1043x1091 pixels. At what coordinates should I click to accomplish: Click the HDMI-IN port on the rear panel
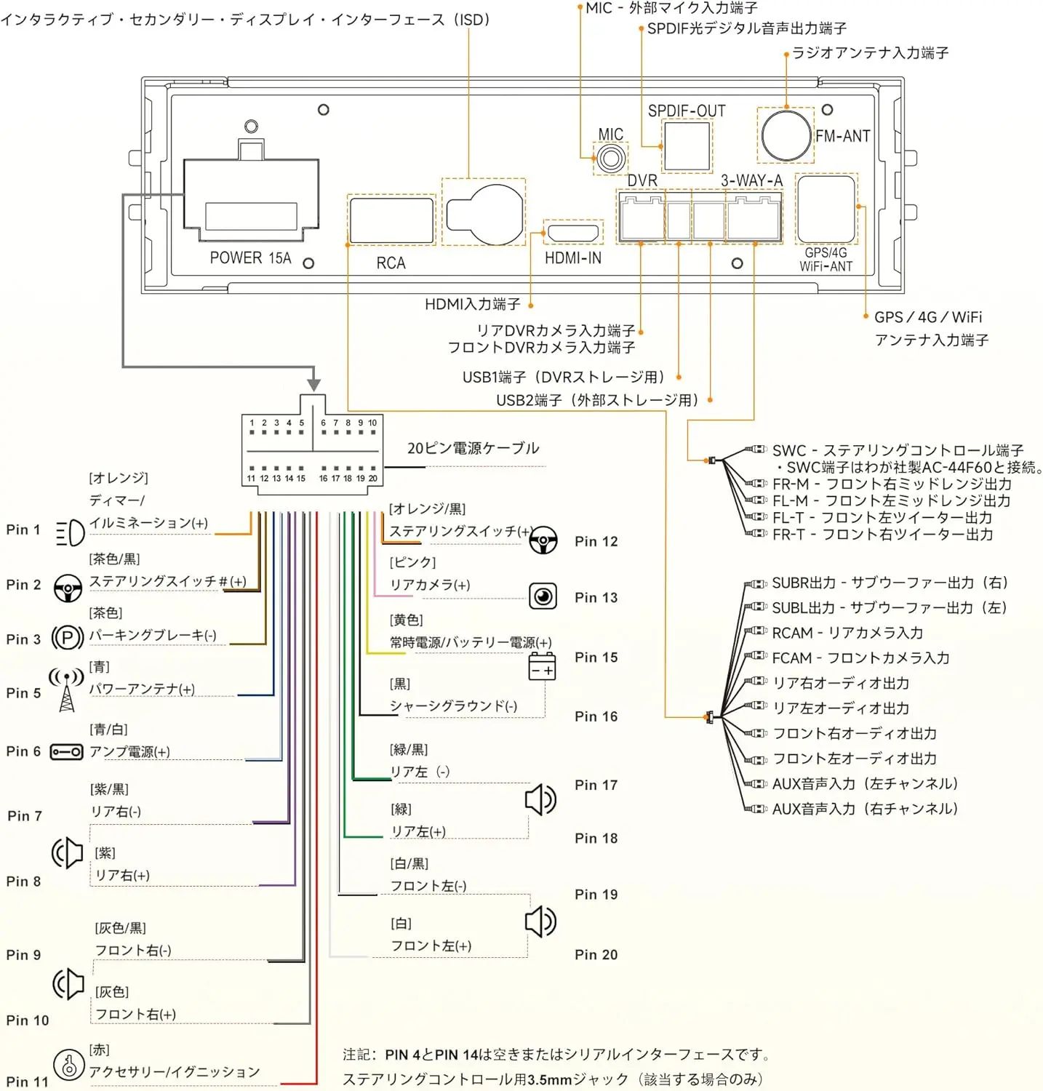pyautogui.click(x=573, y=233)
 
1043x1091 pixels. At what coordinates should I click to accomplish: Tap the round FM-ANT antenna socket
pyautogui.click(x=786, y=135)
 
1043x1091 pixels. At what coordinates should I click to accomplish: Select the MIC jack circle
pyautogui.click(x=610, y=159)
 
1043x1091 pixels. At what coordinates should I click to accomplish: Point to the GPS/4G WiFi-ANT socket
pyautogui.click(x=826, y=209)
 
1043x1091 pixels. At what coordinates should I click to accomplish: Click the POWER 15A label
pyautogui.click(x=250, y=258)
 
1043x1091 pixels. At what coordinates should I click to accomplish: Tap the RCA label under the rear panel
pyautogui.click(x=391, y=263)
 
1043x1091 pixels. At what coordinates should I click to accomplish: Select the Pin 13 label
pyautogui.click(x=596, y=598)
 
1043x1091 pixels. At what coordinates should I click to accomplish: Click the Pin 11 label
pyautogui.click(x=27, y=1082)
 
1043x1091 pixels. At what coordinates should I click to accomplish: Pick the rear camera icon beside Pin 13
pyautogui.click(x=543, y=596)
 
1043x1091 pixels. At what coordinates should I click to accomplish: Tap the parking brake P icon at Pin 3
pyautogui.click(x=67, y=639)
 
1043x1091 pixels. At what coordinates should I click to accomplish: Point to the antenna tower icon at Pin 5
pyautogui.click(x=66, y=690)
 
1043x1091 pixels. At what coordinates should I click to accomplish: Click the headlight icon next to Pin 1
pyautogui.click(x=71, y=533)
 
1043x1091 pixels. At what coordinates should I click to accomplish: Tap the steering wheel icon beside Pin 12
pyautogui.click(x=543, y=540)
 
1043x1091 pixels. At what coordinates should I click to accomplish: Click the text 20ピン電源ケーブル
pyautogui.click(x=473, y=448)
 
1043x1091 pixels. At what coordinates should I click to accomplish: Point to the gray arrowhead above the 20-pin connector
pyautogui.click(x=313, y=385)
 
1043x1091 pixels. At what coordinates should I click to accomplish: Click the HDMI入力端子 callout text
pyautogui.click(x=473, y=304)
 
